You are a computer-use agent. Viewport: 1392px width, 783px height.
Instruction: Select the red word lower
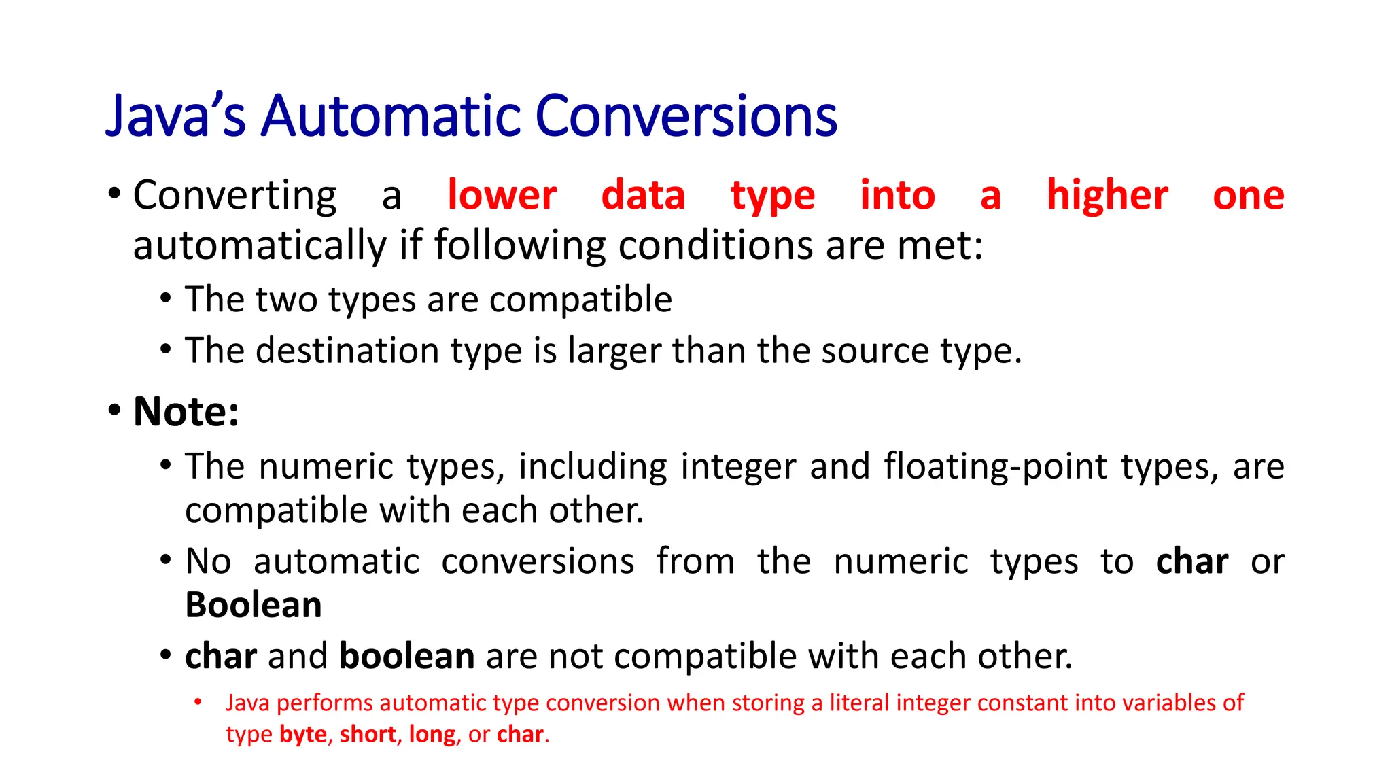click(502, 196)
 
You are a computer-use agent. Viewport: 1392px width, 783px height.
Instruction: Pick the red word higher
click(1107, 196)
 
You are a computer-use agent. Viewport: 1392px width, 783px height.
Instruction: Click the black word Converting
click(234, 196)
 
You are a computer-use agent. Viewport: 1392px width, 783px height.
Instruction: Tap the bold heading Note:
click(186, 412)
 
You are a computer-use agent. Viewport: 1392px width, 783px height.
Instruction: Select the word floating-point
click(996, 468)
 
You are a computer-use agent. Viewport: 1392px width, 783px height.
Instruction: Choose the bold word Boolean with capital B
click(254, 605)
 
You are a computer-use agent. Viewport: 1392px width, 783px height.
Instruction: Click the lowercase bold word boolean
click(406, 657)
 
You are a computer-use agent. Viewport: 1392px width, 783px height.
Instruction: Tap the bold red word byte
click(303, 735)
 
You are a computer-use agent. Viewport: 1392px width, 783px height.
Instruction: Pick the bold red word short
click(368, 735)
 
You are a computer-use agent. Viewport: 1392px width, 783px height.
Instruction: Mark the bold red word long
click(432, 735)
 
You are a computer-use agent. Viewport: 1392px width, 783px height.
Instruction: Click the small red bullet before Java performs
click(198, 702)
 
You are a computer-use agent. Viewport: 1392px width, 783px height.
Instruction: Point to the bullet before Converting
click(114, 194)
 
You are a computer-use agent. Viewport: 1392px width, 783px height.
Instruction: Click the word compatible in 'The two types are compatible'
click(580, 300)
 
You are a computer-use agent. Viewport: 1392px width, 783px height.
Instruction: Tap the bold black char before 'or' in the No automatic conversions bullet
click(1191, 562)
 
